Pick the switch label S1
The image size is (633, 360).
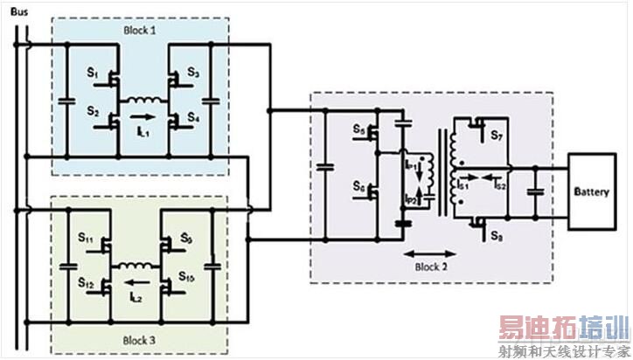point(90,73)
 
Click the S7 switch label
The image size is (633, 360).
point(497,137)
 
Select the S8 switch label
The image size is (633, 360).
point(496,237)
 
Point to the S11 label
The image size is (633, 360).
point(87,238)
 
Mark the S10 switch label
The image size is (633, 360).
point(187,277)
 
